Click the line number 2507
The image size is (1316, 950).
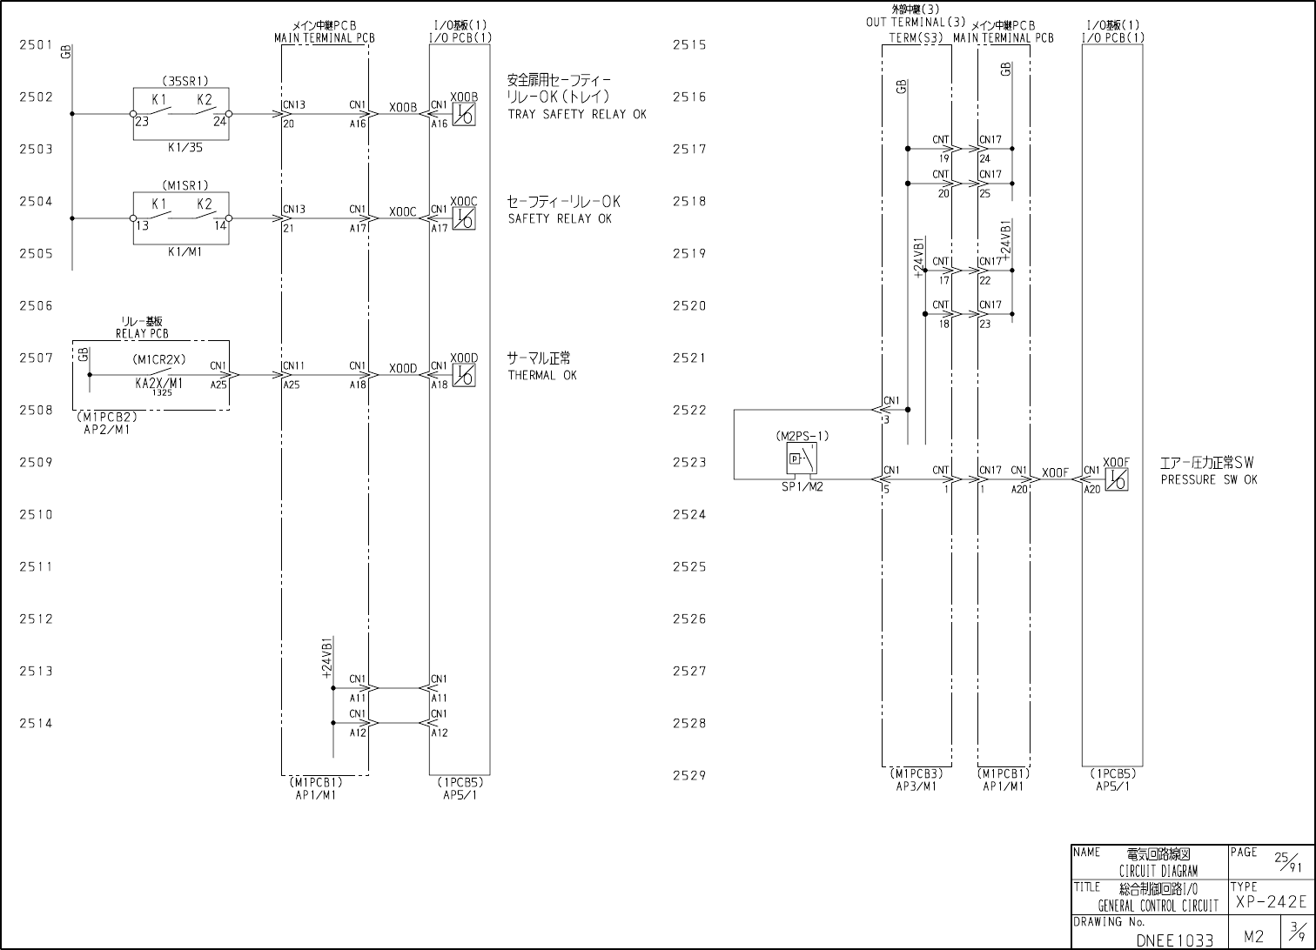(x=36, y=358)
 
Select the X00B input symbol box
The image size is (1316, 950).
(x=464, y=115)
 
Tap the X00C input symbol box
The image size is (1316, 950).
(x=464, y=219)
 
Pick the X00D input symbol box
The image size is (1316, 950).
(x=464, y=375)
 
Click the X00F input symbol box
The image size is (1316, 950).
(x=1117, y=479)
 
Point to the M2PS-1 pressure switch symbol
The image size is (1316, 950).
(x=802, y=458)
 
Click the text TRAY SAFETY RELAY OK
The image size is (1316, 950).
(x=577, y=115)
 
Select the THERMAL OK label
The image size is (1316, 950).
(x=542, y=376)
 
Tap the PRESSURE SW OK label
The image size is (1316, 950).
(x=1208, y=480)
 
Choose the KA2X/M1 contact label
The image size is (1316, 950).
(x=159, y=382)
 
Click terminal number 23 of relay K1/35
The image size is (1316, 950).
(x=141, y=123)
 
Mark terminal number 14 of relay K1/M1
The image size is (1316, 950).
(x=220, y=226)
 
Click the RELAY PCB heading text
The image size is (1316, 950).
(x=142, y=333)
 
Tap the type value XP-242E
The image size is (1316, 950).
(x=1270, y=903)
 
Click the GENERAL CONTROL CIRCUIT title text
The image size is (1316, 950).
(x=1158, y=906)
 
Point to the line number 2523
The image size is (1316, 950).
(x=689, y=462)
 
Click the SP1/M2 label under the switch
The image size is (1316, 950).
(x=802, y=487)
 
